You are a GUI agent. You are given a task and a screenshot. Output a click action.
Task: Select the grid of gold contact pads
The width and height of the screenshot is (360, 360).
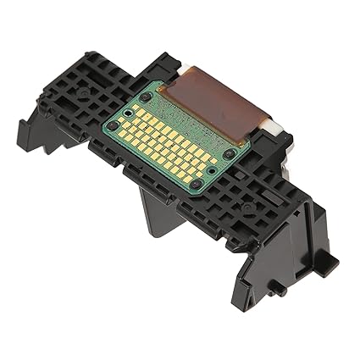pos(169,140)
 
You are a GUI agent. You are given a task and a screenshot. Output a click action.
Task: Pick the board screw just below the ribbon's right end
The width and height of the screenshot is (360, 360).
pos(229,154)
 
